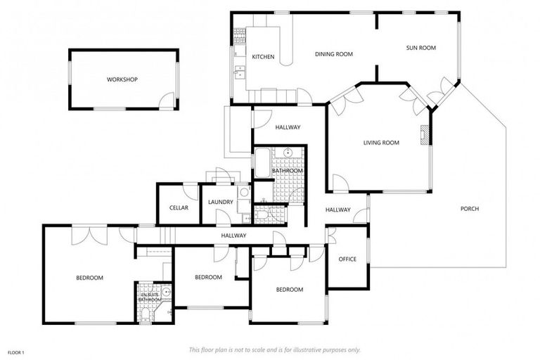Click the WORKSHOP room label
tap(122, 79)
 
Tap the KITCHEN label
tap(263, 57)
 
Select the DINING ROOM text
tap(333, 54)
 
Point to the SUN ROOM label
tap(421, 48)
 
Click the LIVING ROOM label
tap(381, 143)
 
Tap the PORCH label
tap(470, 209)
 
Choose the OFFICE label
tap(347, 259)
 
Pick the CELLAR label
tap(179, 207)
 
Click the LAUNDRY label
tap(220, 202)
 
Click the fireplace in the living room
tap(424, 135)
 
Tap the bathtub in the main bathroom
tap(262, 163)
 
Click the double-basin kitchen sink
tap(240, 70)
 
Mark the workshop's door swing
tap(166, 101)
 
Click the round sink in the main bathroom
tap(288, 153)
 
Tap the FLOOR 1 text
tap(16, 352)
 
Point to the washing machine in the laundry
tap(243, 191)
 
